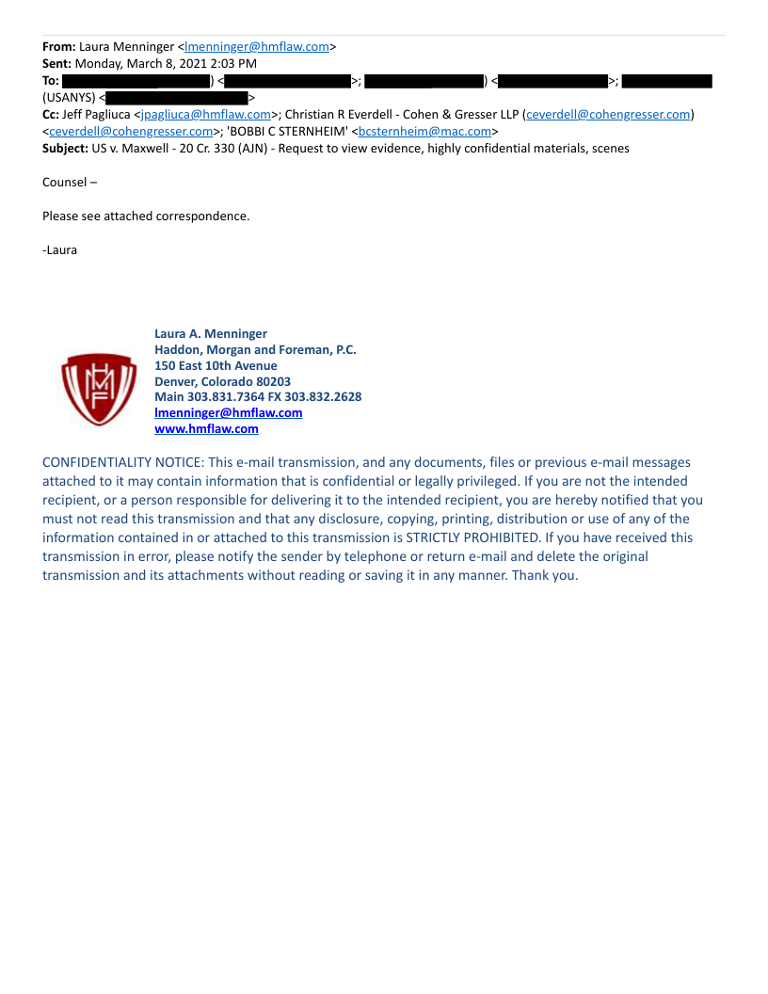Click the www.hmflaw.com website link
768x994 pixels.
click(x=206, y=429)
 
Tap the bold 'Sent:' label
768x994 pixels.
click(x=56, y=63)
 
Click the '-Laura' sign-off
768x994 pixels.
click(x=60, y=250)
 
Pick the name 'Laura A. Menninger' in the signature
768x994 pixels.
click(x=211, y=333)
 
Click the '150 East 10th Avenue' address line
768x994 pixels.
click(x=216, y=365)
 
